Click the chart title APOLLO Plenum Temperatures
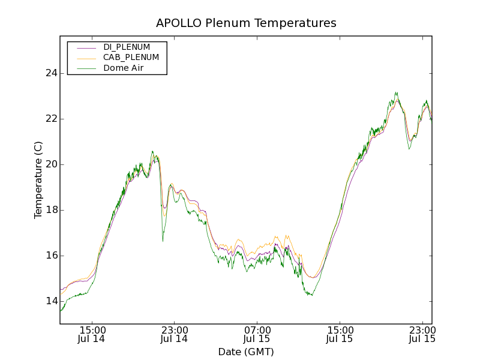246,23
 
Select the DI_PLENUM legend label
127,47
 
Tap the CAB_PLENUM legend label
131,58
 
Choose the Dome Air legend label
123,68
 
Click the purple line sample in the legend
85,47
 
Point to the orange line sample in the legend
85,58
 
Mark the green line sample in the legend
85,68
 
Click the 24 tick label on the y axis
51,73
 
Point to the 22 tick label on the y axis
51,119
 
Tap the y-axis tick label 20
51,164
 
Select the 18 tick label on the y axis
51,210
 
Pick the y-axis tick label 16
51,256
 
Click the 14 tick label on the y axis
51,301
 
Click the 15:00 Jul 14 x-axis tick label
92,334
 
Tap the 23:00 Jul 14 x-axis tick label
175,334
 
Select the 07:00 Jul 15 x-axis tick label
257,334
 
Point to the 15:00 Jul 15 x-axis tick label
340,334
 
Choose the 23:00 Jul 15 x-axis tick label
422,334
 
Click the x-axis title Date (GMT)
246,352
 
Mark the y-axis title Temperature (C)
38,180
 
